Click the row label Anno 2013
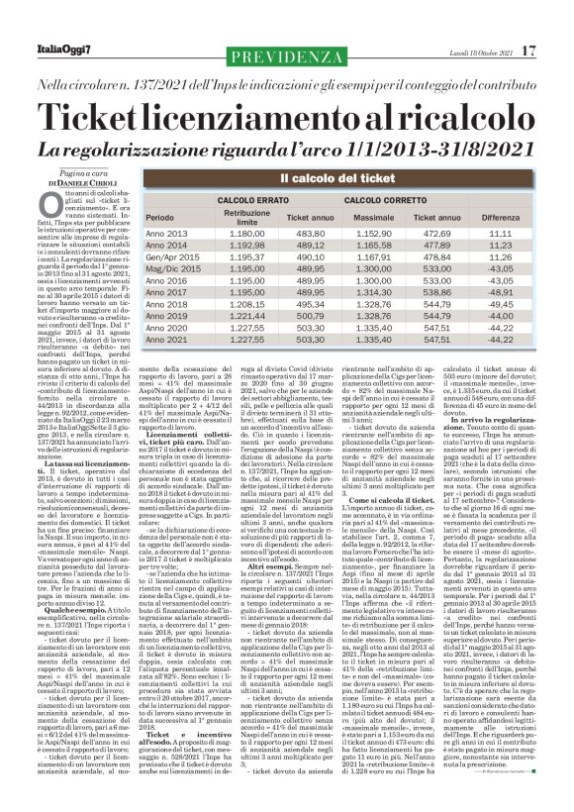[166, 234]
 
